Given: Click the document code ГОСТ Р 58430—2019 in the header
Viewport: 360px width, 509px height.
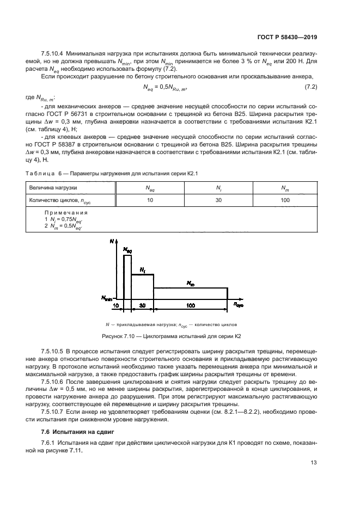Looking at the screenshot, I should click(x=287, y=38).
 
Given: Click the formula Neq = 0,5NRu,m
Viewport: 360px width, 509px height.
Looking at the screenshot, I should click(x=165, y=88).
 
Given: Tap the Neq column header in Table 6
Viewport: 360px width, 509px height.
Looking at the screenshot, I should click(x=150, y=188).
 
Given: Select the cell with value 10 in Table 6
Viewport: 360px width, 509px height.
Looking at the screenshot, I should click(x=150, y=200).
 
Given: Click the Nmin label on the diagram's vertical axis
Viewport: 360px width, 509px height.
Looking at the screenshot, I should click(x=107, y=298).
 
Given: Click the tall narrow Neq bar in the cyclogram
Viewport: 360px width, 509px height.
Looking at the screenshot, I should click(x=127, y=275).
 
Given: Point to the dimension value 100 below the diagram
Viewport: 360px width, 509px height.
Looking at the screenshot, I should click(x=190, y=306).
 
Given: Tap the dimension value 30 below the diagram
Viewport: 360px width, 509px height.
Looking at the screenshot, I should click(x=143, y=306).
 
